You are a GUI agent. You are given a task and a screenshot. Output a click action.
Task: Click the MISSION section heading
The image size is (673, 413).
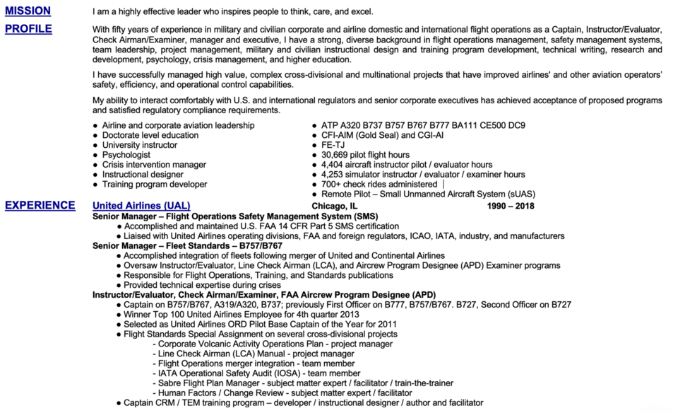point(28,11)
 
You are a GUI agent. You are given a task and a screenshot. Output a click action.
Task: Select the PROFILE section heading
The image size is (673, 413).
point(28,29)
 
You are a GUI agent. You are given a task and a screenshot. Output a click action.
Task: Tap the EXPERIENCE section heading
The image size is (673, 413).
point(40,205)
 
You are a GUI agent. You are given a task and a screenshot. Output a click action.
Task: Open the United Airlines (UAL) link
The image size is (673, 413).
point(141,206)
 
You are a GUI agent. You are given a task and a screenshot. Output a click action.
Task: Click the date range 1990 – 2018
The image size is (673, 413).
point(511,206)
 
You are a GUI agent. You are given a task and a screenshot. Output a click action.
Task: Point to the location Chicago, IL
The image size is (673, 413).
point(335,206)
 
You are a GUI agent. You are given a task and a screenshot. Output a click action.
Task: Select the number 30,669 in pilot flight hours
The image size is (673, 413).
point(336,155)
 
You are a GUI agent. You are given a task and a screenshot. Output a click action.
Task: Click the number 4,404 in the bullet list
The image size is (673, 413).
point(333,165)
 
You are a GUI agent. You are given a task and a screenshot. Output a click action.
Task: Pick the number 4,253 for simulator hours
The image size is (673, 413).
point(333,175)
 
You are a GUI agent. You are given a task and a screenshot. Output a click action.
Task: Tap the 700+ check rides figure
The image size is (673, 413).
point(331,185)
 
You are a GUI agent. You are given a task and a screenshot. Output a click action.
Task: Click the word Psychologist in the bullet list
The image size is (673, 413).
point(126,155)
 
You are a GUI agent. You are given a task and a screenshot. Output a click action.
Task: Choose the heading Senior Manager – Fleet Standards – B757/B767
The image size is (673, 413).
point(187,245)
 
